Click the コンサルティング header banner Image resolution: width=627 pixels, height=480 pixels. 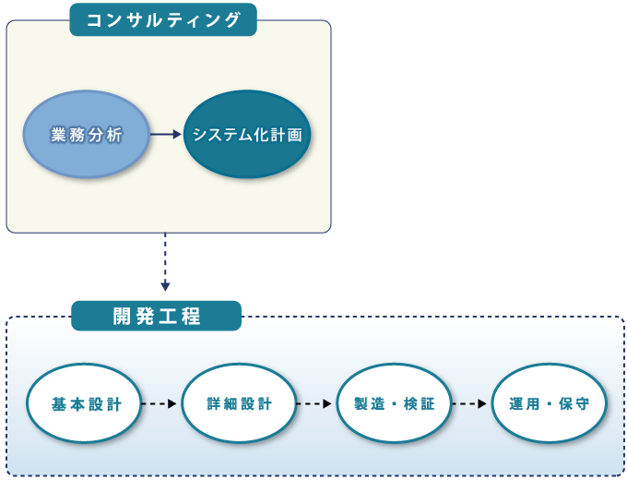(163, 19)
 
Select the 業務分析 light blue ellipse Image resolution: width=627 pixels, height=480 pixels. (87, 134)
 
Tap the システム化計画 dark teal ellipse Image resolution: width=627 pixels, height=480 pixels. (247, 134)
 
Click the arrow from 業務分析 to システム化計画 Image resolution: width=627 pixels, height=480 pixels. (166, 135)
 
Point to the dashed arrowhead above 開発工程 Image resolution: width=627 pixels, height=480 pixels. (165, 286)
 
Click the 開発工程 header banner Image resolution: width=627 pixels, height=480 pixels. (157, 316)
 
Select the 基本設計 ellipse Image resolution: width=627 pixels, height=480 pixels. (84, 403)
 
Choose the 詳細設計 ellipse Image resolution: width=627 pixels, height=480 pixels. (239, 403)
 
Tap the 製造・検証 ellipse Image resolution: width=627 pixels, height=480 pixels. (395, 403)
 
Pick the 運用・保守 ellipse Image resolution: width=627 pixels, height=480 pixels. (550, 403)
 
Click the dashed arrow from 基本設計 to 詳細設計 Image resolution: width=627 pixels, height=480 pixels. (160, 403)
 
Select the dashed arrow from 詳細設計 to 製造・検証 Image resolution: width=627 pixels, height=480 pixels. (314, 403)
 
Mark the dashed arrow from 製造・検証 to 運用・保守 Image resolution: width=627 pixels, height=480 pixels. (469, 403)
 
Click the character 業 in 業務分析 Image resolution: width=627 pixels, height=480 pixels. (58, 135)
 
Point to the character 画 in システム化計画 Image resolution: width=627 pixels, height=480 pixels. (295, 135)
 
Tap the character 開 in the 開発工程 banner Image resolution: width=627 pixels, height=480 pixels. (122, 317)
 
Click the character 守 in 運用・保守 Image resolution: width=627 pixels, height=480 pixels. (582, 404)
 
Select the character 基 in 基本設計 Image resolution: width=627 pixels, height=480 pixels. (59, 404)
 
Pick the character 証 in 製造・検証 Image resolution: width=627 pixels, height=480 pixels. (427, 404)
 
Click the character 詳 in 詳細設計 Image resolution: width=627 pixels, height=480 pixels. (214, 404)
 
